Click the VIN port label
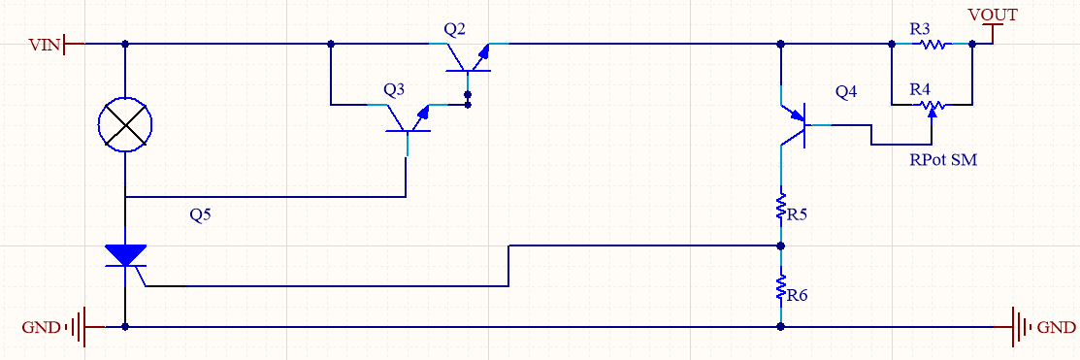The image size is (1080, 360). pos(44,46)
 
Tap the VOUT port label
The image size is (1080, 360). pos(993,14)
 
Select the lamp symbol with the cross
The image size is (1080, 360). pos(124,124)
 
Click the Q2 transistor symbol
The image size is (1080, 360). pos(469,58)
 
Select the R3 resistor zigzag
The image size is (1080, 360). pos(932,45)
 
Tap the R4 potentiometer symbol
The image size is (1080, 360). pos(932,106)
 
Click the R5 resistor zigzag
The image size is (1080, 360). pos(780,208)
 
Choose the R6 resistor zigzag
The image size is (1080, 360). pos(780,287)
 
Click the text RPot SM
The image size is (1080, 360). pos(943,160)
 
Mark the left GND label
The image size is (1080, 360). pos(42,327)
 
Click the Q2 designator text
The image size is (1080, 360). pos(454,29)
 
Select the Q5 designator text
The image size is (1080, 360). pos(201,214)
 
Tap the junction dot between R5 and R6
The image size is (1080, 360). pos(780,245)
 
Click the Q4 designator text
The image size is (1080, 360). pos(846,91)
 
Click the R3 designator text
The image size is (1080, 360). pos(920,29)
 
